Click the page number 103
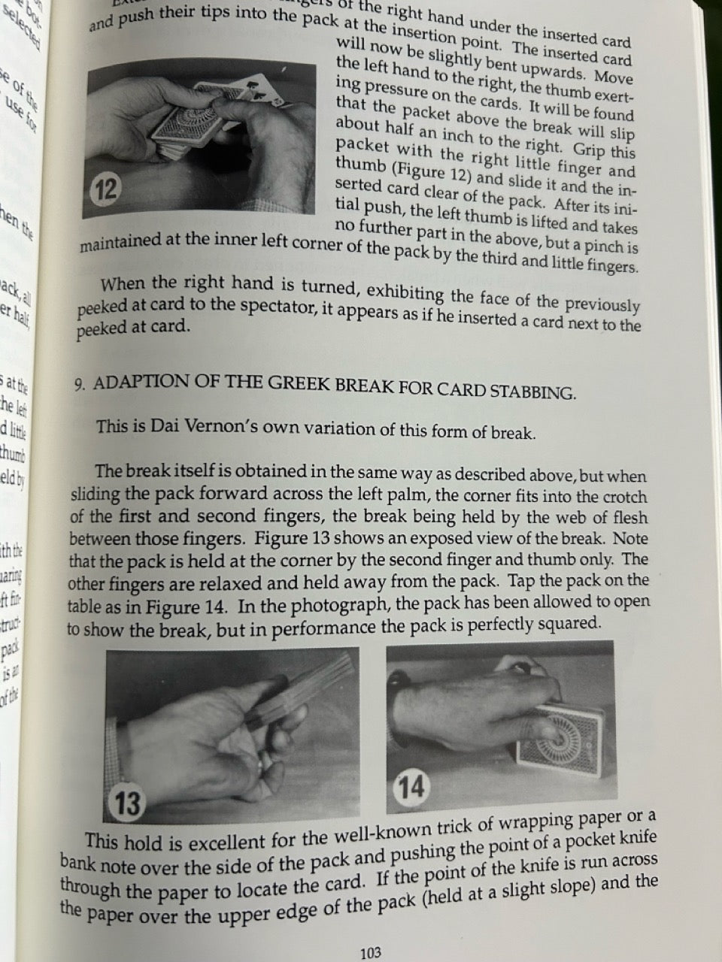point(370,953)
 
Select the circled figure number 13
point(127,803)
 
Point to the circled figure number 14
point(411,787)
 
